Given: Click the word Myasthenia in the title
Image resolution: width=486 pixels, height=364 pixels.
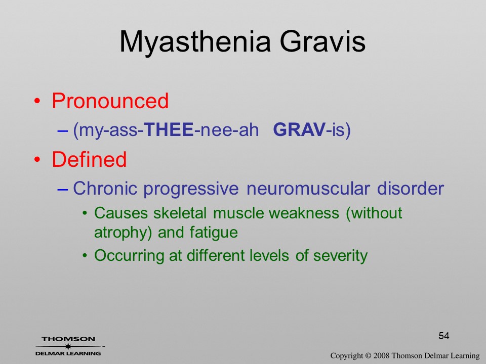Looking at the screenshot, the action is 195,42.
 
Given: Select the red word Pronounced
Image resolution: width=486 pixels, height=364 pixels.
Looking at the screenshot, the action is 110,101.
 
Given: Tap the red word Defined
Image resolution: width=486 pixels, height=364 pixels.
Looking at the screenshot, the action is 89,159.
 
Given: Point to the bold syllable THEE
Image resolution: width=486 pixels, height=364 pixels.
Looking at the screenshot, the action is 169,129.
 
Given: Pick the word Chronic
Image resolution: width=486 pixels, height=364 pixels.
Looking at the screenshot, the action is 105,188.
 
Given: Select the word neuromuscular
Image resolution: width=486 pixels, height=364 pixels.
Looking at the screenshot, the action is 308,188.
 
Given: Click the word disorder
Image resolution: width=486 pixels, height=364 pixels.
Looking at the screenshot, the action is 411,188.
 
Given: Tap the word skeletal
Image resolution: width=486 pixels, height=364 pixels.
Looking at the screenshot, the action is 180,213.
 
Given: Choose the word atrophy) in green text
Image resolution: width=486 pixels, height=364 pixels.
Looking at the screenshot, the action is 123,233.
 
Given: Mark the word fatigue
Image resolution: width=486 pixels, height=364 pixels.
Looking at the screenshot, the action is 214,233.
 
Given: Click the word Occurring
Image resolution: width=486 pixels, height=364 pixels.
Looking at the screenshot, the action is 130,256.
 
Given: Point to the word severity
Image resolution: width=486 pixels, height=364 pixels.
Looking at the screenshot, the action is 340,256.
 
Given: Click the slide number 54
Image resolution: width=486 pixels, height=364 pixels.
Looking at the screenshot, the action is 444,336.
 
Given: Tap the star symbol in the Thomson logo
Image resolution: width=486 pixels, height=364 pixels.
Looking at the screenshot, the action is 68,346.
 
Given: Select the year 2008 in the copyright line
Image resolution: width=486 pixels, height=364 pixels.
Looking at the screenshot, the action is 381,355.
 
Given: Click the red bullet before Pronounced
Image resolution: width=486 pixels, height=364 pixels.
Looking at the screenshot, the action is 37,101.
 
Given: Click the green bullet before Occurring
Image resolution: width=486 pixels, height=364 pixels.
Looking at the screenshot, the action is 85,256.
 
